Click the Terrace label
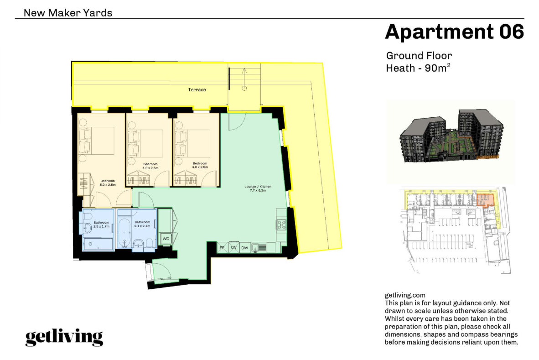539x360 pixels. point(197,90)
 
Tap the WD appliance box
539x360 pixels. point(166,239)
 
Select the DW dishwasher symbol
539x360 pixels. point(244,248)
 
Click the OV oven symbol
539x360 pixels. point(233,248)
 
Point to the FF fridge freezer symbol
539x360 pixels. point(222,248)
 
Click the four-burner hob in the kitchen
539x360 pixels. point(281,224)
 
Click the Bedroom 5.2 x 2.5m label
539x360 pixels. point(108,183)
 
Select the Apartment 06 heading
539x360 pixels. point(454,32)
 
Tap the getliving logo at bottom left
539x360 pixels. point(64,337)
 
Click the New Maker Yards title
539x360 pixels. point(68,13)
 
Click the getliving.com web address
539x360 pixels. point(405,296)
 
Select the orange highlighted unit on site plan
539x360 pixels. point(485,199)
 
